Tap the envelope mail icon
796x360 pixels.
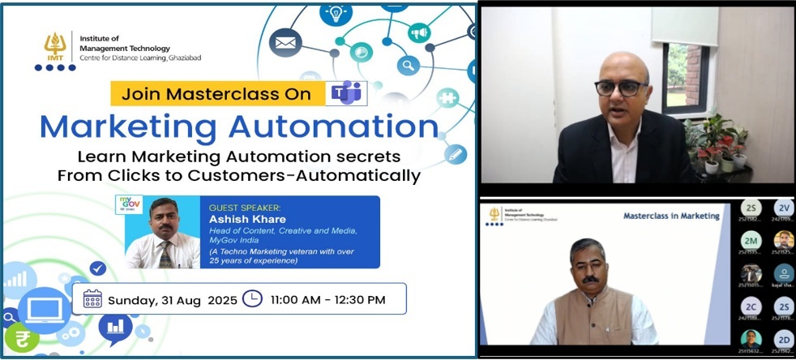(x=285, y=41)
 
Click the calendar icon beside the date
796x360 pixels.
(x=93, y=299)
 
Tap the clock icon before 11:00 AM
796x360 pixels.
(x=253, y=298)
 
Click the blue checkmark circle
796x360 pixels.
(x=98, y=268)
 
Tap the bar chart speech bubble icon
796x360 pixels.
(x=115, y=327)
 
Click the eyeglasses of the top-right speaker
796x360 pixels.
(x=621, y=87)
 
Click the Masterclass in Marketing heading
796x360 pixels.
(x=671, y=216)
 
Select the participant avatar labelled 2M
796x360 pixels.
(x=751, y=240)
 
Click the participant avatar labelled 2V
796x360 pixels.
(x=783, y=207)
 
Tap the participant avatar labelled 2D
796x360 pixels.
(x=783, y=339)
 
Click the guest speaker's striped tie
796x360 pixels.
(x=165, y=255)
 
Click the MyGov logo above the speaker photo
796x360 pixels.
(x=131, y=204)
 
